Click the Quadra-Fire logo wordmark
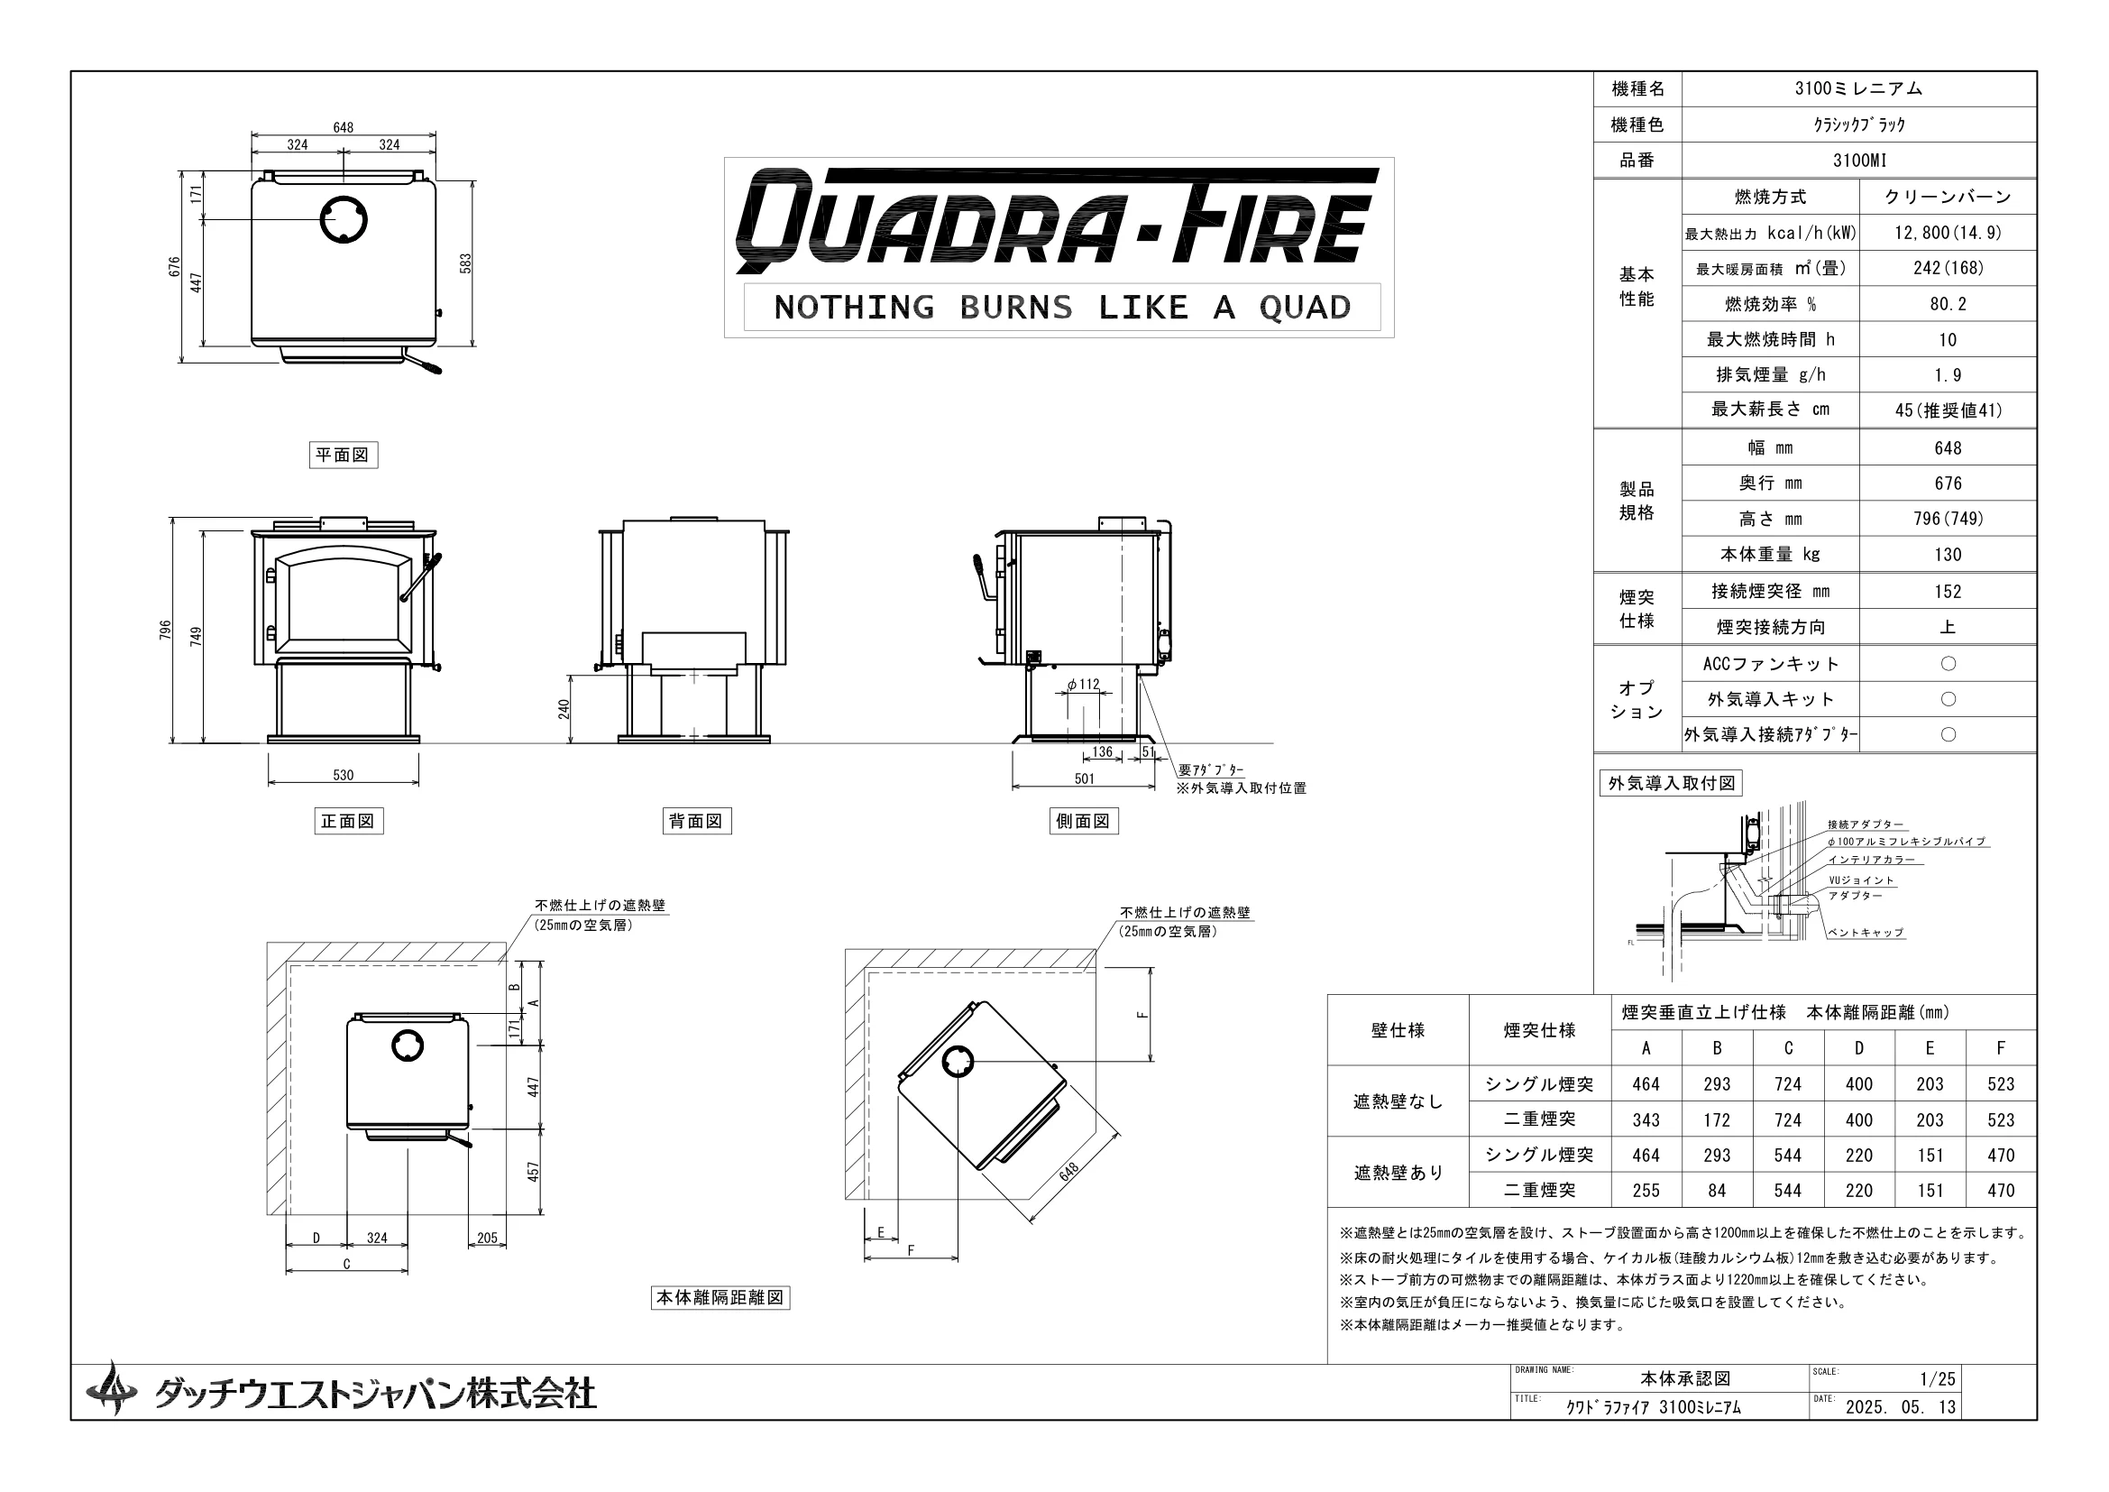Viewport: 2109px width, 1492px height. click(x=1059, y=220)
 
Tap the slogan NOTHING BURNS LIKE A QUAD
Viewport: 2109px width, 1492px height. click(x=1062, y=307)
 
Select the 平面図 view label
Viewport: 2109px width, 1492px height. click(x=343, y=455)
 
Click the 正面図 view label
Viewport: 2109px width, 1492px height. click(x=348, y=820)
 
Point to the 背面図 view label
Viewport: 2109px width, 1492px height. click(x=696, y=820)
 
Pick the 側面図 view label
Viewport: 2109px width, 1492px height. click(x=1083, y=820)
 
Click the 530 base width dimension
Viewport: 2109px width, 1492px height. click(x=343, y=776)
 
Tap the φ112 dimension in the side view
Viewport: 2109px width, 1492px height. click(x=1083, y=685)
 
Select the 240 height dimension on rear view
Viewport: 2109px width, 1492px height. click(x=564, y=709)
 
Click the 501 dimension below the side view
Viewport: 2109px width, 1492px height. click(x=1084, y=779)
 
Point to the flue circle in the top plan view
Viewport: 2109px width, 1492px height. click(x=344, y=219)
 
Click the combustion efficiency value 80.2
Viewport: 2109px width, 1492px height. click(x=1948, y=304)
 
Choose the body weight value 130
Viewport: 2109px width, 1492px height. click(x=1948, y=555)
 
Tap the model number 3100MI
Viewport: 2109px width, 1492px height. click(x=1859, y=161)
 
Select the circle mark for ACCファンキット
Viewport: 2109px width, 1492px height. click(x=1948, y=663)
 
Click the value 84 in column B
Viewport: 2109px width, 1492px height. click(x=1717, y=1191)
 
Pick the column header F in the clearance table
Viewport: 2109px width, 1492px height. click(x=2001, y=1048)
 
